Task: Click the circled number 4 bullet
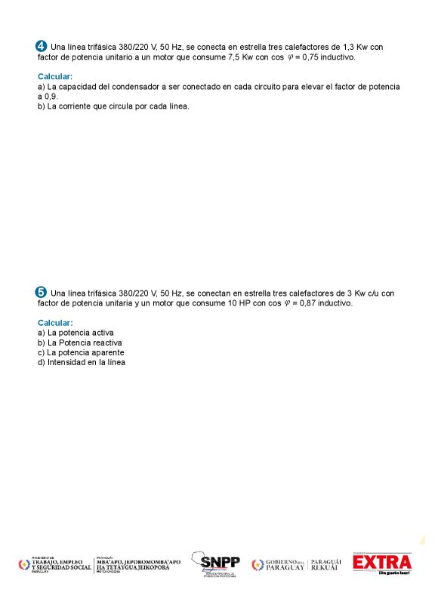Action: (42, 47)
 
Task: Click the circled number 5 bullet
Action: (42, 292)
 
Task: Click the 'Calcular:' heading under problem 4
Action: (55, 76)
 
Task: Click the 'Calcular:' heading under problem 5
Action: (55, 323)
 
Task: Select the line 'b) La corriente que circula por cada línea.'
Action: (113, 106)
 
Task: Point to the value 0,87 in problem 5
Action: (307, 303)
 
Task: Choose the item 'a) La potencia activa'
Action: (76, 333)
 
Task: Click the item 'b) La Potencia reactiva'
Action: (79, 343)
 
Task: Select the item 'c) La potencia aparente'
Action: (81, 352)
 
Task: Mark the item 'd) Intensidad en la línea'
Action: (82, 362)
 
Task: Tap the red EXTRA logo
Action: (382, 563)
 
